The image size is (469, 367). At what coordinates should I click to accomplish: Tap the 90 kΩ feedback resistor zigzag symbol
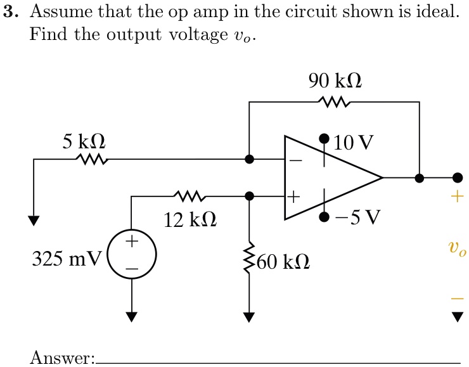pos(335,101)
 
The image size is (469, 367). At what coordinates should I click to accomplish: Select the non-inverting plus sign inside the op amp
pos(293,197)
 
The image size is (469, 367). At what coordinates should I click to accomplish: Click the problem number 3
pos(8,12)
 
